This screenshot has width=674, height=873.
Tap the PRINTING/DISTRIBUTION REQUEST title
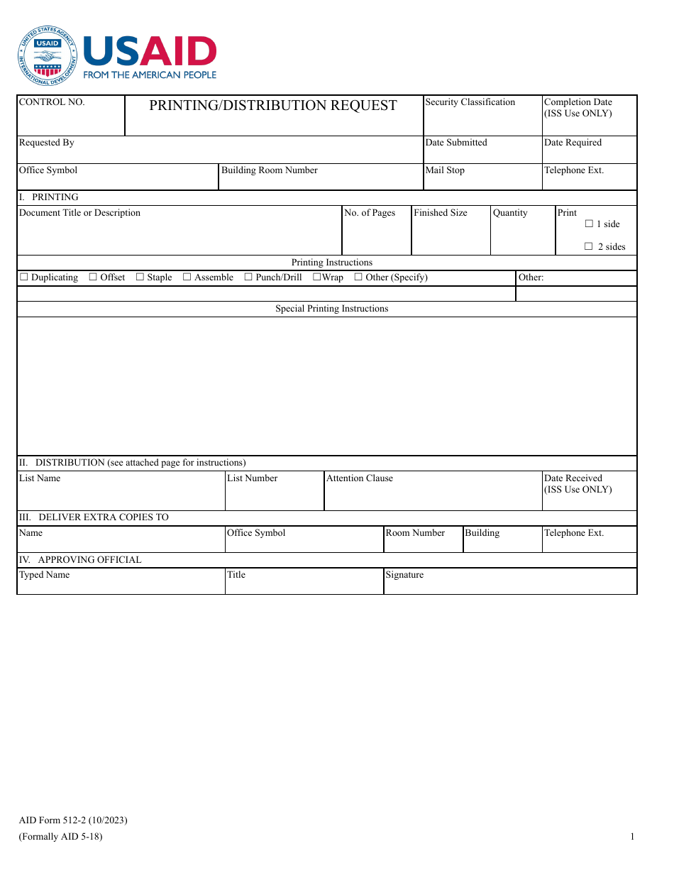click(272, 106)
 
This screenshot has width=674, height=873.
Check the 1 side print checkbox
click(589, 224)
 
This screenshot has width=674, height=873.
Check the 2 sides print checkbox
click(589, 246)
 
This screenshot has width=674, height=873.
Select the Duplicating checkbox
click(24, 277)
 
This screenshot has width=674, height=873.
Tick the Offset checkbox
click(93, 277)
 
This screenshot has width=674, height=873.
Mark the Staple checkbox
click(140, 277)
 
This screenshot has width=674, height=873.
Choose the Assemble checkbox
click(187, 277)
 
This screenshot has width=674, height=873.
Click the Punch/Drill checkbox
click(248, 277)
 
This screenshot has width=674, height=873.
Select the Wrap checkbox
click(316, 277)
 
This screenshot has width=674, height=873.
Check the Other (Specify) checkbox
click(358, 277)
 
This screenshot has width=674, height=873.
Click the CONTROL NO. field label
click(52, 102)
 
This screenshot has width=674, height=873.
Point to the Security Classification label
click(470, 102)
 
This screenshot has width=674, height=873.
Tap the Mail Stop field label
click(445, 170)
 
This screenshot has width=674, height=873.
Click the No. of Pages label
click(370, 213)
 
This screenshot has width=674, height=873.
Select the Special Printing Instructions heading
click(331, 309)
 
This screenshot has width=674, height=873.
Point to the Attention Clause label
click(359, 478)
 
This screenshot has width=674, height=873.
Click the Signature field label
click(404, 575)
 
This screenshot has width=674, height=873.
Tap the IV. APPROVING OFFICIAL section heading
click(80, 560)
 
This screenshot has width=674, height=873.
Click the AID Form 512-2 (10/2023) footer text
click(73, 820)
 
